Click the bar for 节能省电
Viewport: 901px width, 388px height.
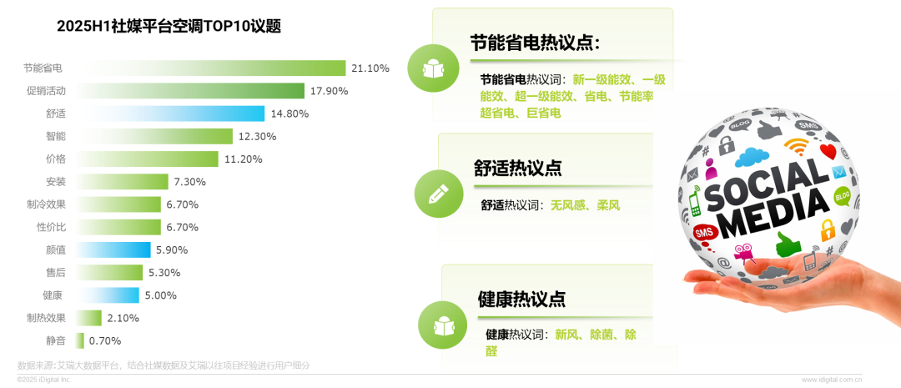tap(211, 68)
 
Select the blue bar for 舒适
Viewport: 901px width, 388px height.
tap(170, 113)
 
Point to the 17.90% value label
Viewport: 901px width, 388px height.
tap(330, 91)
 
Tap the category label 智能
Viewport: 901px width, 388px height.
tap(56, 136)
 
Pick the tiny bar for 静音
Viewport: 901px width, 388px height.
tap(80, 340)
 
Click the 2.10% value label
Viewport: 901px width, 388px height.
tap(123, 318)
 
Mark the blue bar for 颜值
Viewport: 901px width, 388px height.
tap(113, 249)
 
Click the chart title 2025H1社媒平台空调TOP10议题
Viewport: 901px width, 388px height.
tap(169, 27)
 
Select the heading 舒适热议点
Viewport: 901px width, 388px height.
tap(518, 168)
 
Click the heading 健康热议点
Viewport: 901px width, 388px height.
tap(521, 299)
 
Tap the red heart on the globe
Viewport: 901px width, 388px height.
tap(828, 152)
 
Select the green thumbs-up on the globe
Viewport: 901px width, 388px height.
tap(788, 244)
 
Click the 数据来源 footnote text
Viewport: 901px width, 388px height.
tap(164, 365)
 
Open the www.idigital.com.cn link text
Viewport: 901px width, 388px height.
tap(832, 380)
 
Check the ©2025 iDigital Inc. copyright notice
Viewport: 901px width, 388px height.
tap(44, 380)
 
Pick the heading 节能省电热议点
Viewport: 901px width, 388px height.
tap(535, 43)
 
